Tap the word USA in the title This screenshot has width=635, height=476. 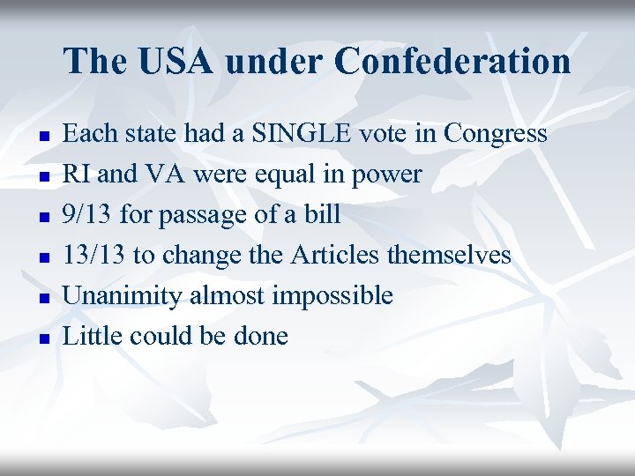pos(168,62)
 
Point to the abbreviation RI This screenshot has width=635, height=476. pos(78,175)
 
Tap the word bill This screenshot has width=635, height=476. pos(324,215)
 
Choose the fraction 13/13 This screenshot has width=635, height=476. pos(94,256)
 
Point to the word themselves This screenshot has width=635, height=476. pos(449,256)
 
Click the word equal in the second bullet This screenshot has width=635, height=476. pos(284,175)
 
